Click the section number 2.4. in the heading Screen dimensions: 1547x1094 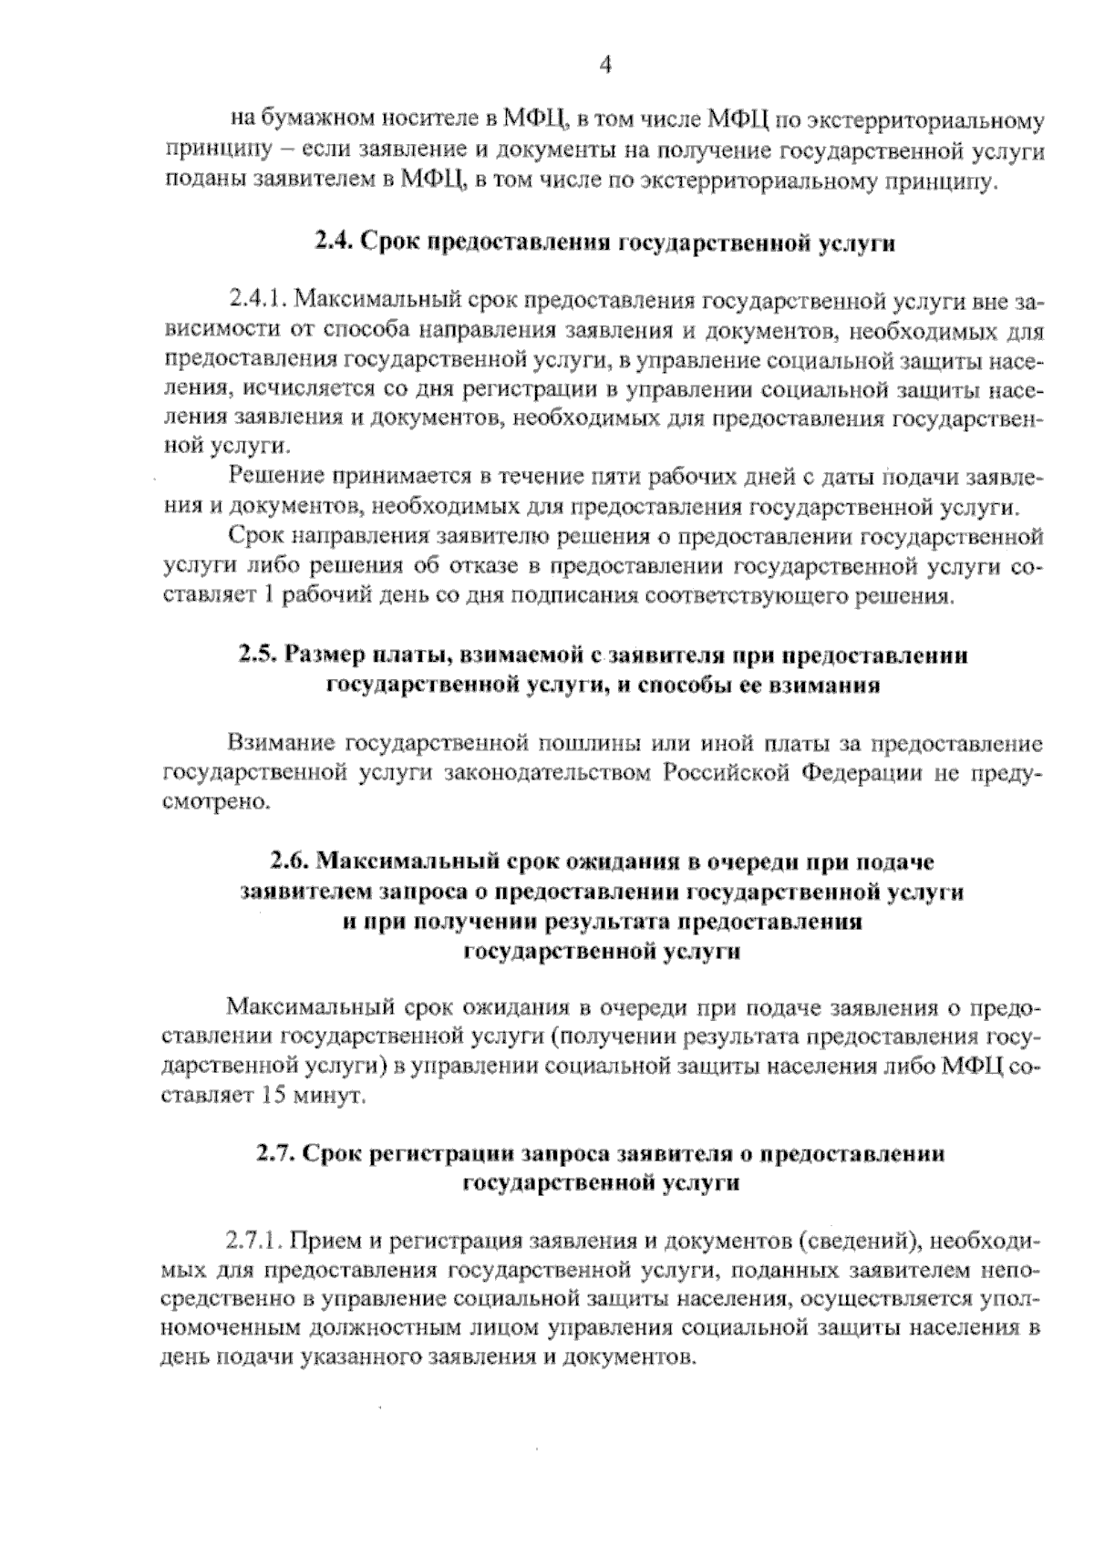point(334,242)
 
